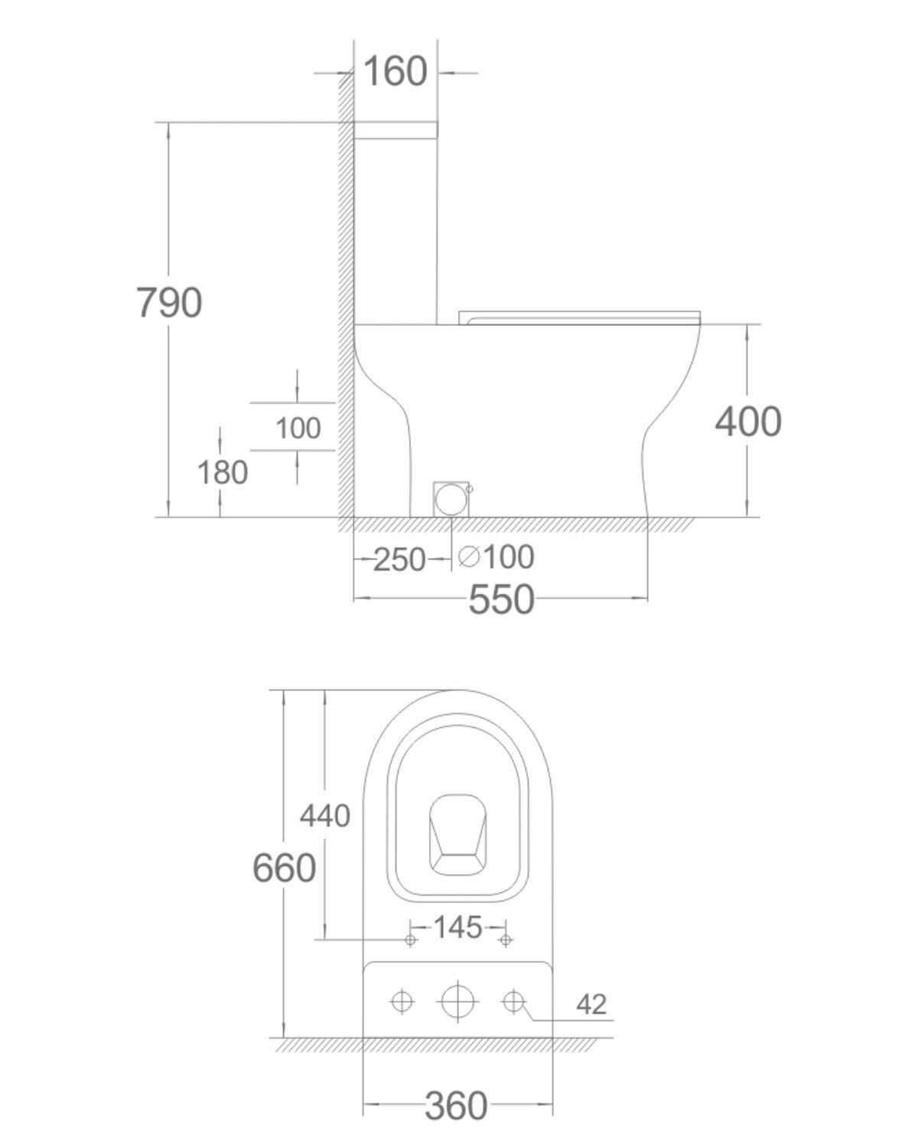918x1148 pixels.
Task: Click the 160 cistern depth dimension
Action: pyautogui.click(x=396, y=71)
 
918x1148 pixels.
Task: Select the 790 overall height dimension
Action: pyautogui.click(x=169, y=302)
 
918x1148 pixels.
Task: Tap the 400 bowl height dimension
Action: pyautogui.click(x=748, y=422)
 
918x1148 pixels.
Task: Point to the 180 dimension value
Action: pyautogui.click(x=223, y=473)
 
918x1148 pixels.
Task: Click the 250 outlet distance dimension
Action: pyautogui.click(x=399, y=559)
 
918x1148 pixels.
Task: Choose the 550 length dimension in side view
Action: pyautogui.click(x=501, y=599)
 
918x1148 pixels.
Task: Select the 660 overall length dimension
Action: pyautogui.click(x=285, y=868)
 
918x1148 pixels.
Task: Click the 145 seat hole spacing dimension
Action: pyautogui.click(x=457, y=927)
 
